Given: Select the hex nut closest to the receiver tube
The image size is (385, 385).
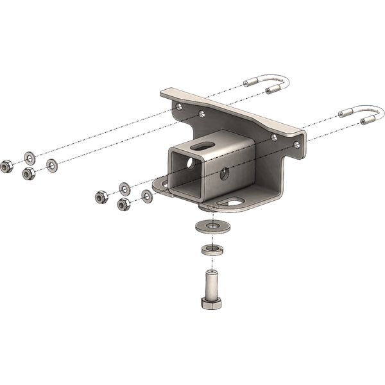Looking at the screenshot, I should click(124, 205).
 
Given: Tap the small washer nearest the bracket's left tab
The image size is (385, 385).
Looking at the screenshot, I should click(147, 195).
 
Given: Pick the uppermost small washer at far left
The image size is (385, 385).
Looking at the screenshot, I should click(30, 157).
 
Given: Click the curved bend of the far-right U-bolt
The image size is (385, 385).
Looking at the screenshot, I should click(375, 114).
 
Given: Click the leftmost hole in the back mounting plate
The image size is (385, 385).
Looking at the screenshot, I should click(178, 101).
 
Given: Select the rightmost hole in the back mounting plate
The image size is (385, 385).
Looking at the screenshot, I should click(296, 146).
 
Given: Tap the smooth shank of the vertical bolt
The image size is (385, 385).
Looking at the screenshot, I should click(211, 282).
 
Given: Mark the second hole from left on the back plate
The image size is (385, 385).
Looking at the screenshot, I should click(201, 114).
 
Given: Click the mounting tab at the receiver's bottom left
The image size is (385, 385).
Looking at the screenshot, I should click(160, 187).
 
